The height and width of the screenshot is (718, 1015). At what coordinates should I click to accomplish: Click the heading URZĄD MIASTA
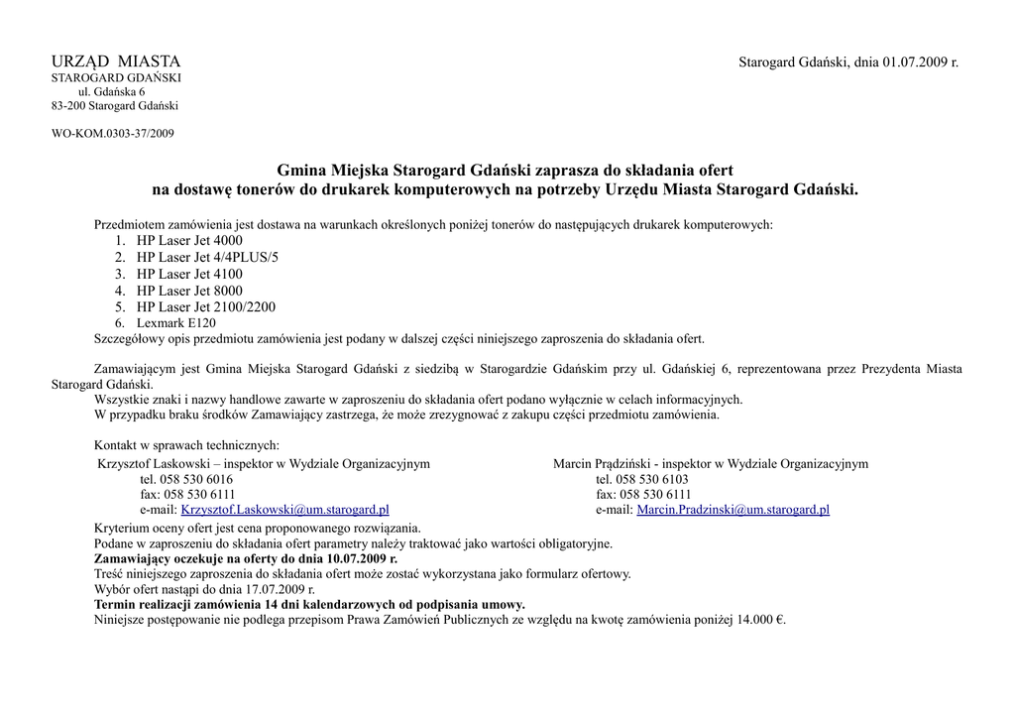[x=116, y=62]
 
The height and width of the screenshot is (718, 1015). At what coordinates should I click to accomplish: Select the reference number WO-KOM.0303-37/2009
[x=113, y=133]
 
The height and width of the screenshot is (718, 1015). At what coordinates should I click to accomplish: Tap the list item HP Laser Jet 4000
[x=189, y=241]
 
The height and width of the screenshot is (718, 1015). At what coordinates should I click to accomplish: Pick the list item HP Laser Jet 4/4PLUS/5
[x=208, y=258]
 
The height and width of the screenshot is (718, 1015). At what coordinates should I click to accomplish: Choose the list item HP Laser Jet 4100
[x=189, y=275]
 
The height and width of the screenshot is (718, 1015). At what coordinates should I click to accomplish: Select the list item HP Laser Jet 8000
[x=189, y=291]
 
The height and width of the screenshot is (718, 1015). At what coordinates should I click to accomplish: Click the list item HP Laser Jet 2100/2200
[x=206, y=307]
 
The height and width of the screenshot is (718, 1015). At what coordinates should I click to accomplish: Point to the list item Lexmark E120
[x=175, y=323]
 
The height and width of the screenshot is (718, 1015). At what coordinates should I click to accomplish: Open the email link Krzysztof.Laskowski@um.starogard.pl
[x=284, y=510]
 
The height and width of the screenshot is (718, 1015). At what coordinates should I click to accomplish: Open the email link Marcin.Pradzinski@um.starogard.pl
[x=733, y=510]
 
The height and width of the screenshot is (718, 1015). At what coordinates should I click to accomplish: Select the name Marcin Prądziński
[x=602, y=464]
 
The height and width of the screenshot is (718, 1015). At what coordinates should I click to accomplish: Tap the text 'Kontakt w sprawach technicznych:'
[x=186, y=446]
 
